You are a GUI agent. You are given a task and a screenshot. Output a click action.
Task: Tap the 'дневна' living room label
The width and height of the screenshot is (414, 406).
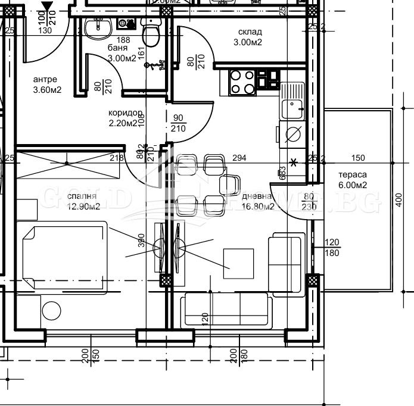tap(257, 196)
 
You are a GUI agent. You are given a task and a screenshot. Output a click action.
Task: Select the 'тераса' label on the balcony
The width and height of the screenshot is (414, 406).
tap(352, 175)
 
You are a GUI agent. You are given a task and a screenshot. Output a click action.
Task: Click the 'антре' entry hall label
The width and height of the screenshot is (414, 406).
tap(45, 79)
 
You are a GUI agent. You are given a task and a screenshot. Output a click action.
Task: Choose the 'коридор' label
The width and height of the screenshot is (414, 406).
tap(124, 113)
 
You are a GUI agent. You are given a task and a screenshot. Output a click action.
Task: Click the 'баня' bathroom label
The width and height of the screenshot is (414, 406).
tap(117, 48)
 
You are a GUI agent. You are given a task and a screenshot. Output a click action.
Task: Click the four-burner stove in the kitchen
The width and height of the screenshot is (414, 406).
tap(242, 82)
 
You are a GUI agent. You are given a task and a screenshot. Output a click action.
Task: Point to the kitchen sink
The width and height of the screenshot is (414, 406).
tap(292, 106)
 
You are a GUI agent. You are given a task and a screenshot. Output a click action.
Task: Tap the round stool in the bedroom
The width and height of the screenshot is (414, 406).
tap(51, 311)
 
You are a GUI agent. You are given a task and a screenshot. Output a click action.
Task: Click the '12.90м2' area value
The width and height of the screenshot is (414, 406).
tap(83, 207)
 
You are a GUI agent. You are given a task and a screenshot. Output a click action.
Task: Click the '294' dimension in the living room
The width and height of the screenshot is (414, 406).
tap(239, 158)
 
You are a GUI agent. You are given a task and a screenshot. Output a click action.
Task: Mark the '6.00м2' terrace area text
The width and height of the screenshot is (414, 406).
tap(352, 185)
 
